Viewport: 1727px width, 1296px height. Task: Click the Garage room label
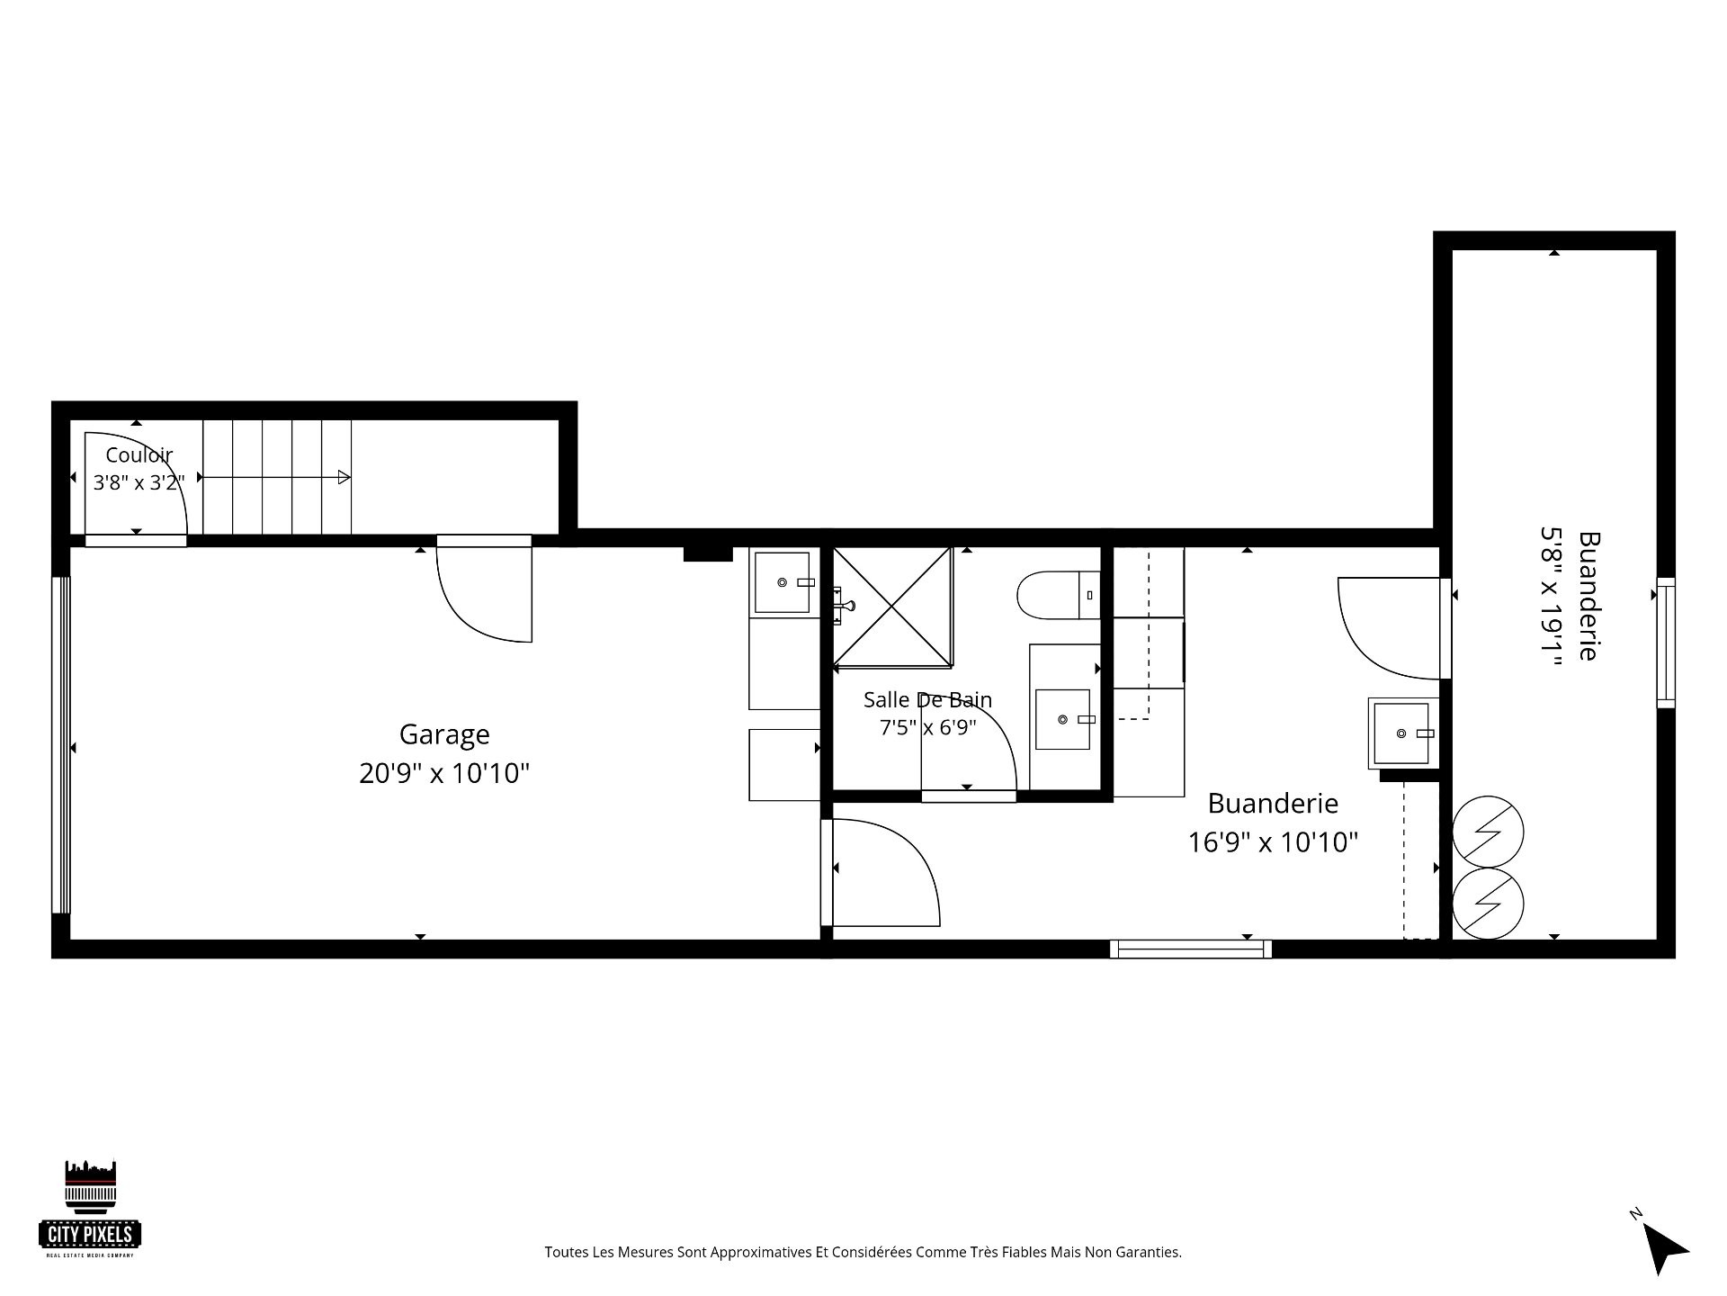coord(444,735)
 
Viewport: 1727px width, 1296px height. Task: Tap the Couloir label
coord(139,455)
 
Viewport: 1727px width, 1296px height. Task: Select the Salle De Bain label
coord(927,699)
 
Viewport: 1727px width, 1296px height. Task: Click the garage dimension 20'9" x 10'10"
coord(444,773)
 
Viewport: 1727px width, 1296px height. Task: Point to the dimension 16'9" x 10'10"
coord(1273,842)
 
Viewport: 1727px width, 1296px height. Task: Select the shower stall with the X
coord(892,607)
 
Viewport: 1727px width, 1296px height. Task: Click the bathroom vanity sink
coord(1063,719)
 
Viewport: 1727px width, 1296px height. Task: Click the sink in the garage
coord(783,582)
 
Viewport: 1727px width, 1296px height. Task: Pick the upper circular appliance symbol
coord(1488,832)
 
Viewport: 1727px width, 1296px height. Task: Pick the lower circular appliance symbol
coord(1488,903)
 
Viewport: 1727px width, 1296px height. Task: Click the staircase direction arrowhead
coord(344,477)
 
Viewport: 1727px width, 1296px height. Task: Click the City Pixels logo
coord(90,1209)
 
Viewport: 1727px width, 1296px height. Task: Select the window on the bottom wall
coord(1191,949)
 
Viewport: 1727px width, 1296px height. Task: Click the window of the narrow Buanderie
coord(1666,643)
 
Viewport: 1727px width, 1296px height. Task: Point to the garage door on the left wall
coord(61,745)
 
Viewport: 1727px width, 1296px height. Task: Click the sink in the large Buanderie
coord(1401,733)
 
